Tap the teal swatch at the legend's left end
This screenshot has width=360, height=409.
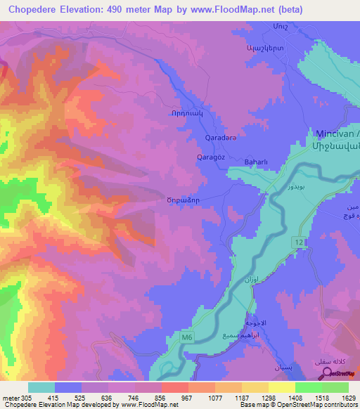click(x=41, y=387)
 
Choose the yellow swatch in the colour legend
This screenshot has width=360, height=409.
click(x=282, y=387)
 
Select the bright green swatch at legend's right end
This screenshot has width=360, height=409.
click(x=335, y=387)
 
